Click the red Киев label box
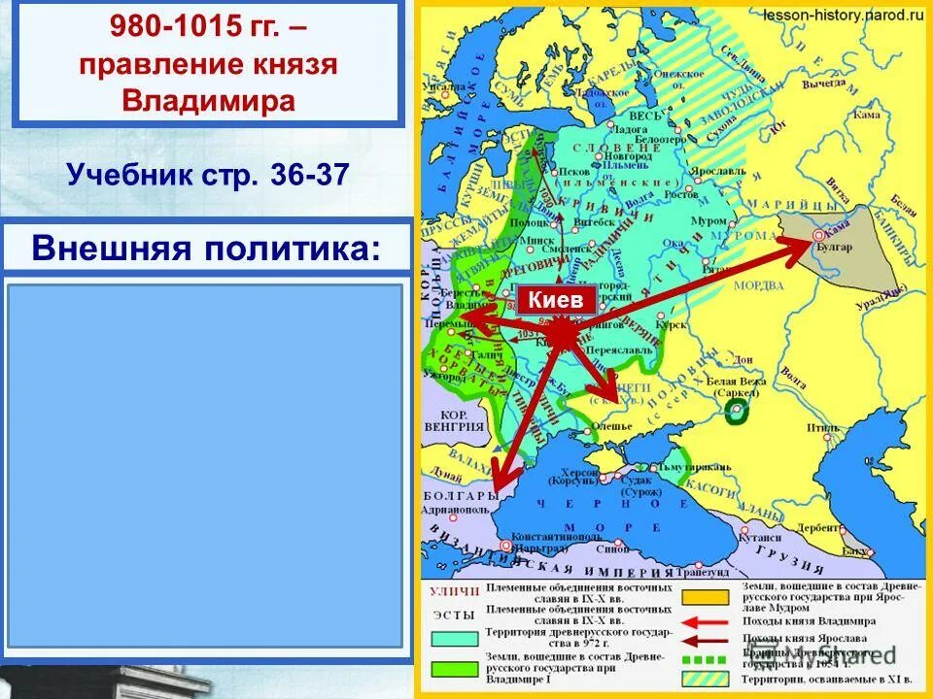pos(556,300)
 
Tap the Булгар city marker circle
pos(818,233)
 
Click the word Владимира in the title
pos(209,100)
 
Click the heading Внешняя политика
pos(206,248)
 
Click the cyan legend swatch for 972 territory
pos(453,638)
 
